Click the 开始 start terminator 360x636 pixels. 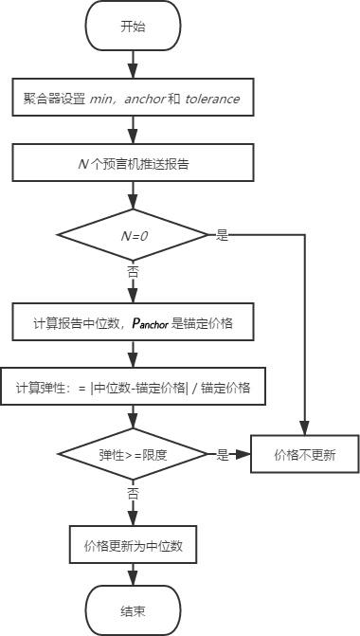coord(132,26)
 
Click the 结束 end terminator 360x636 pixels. coord(132,611)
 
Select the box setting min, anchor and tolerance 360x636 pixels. coord(132,99)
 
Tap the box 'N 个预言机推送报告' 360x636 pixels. coord(132,163)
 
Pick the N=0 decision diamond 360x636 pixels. coord(132,234)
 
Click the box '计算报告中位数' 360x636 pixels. coord(132,323)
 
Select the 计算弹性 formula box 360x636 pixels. coord(132,388)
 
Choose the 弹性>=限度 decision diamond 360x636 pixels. coord(132,454)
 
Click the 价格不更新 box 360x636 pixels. coord(305,454)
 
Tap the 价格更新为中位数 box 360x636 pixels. coord(132,545)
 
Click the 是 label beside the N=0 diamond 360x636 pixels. coord(223,235)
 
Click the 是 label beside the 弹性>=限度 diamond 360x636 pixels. coord(223,455)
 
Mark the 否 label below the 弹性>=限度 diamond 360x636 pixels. coord(132,494)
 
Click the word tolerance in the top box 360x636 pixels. coord(212,99)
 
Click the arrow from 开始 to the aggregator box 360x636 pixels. coord(132,64)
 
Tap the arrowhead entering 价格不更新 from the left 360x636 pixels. coord(243,454)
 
